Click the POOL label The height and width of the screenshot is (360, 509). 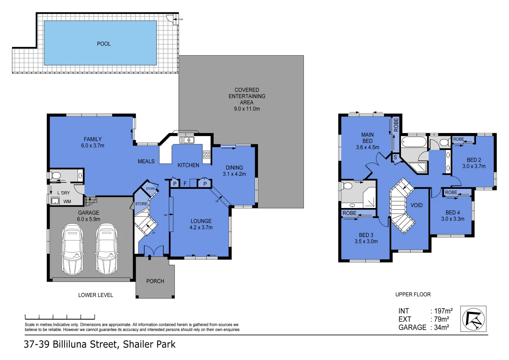pos(104,44)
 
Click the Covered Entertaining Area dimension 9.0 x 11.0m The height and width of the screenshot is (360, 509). pos(247,109)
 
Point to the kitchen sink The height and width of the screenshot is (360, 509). pos(187,140)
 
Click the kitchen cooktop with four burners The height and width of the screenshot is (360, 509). pos(206,154)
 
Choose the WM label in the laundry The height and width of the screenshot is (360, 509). pos(67,201)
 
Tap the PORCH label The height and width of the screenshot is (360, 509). pos(155,281)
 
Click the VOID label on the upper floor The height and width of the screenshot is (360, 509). pos(416,205)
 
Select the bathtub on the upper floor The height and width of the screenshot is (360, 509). pos(414,142)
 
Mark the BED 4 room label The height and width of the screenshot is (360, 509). pos(453,212)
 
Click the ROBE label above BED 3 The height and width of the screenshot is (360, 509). pos(349,213)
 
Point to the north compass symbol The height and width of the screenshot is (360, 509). pos(473,319)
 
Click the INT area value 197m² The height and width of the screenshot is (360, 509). pos(443,311)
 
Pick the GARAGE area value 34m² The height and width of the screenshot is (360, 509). pos(441,327)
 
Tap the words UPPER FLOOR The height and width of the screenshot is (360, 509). pos(413,294)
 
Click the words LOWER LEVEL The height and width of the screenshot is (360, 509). pos(95,295)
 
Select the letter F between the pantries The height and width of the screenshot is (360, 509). pos(185,183)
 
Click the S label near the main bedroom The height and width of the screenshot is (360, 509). pos(395,157)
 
